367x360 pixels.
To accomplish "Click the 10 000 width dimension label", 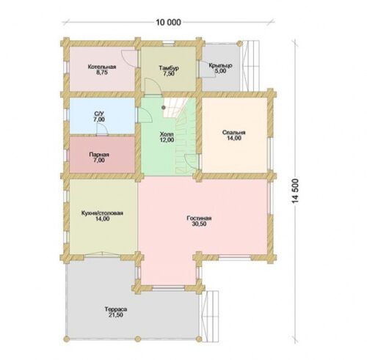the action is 169,23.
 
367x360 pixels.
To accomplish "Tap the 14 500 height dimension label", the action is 296,191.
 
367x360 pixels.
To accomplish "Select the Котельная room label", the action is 102,67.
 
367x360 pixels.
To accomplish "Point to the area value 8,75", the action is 102,73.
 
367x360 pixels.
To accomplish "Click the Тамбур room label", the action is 169,68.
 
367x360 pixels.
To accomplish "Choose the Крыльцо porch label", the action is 220,65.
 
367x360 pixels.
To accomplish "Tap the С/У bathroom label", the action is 99,114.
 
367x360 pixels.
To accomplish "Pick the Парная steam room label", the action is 99,155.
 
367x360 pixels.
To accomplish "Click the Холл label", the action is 167,134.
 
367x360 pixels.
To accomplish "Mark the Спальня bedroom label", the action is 234,133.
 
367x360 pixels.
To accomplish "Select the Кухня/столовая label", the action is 102,213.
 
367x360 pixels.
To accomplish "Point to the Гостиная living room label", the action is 199,218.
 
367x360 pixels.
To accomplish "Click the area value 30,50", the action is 199,224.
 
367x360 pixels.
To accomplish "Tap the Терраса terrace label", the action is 116,309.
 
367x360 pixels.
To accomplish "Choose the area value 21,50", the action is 116,315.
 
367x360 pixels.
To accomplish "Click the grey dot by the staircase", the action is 164,107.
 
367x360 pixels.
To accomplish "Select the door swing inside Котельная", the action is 129,57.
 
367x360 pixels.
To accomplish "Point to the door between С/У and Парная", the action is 102,129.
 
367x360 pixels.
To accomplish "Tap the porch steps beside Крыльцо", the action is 250,66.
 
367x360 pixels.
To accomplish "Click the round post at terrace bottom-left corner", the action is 66,339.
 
